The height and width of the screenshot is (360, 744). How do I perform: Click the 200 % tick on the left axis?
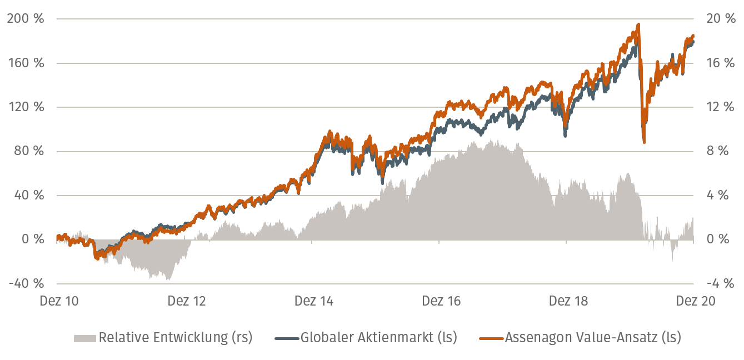pyautogui.click(x=26, y=19)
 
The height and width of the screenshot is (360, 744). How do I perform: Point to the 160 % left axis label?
pyautogui.click(x=26, y=63)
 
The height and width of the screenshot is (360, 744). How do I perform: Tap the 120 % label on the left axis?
pyautogui.click(x=26, y=107)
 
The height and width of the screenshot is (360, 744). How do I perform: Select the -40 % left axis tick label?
pyautogui.click(x=26, y=283)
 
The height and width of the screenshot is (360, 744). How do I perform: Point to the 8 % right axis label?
pyautogui.click(x=715, y=151)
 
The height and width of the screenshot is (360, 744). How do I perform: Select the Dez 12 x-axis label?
pyautogui.click(x=187, y=301)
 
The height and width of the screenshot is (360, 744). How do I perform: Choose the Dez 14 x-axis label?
pyautogui.click(x=314, y=301)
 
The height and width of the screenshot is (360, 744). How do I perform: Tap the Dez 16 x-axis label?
pyautogui.click(x=441, y=301)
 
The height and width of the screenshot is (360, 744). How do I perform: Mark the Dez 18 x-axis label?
pyautogui.click(x=568, y=301)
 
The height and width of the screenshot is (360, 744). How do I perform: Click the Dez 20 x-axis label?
pyautogui.click(x=695, y=301)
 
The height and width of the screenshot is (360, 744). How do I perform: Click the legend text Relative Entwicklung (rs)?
pyautogui.click(x=175, y=337)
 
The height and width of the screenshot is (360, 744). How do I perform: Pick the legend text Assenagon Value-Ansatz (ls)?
pyautogui.click(x=592, y=337)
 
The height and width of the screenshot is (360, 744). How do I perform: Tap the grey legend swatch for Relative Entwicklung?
pyautogui.click(x=85, y=338)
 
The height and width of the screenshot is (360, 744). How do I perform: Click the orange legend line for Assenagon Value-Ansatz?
pyautogui.click(x=492, y=338)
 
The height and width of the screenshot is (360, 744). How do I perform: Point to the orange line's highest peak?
pyautogui.click(x=638, y=24)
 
